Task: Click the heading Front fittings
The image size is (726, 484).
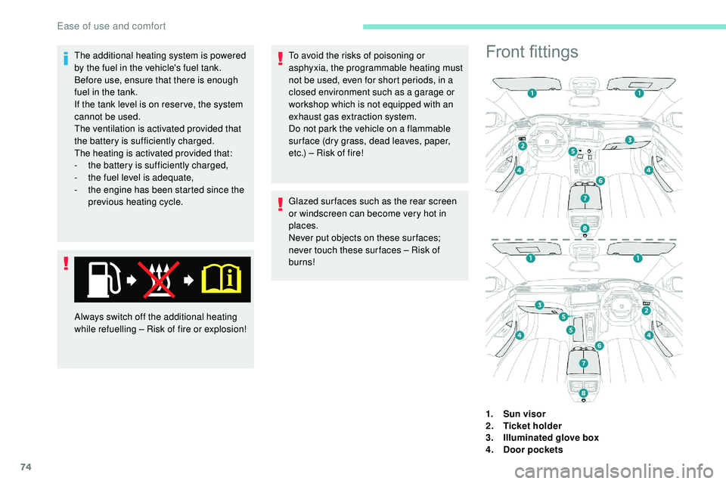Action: [532, 51]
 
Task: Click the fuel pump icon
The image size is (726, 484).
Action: [102, 279]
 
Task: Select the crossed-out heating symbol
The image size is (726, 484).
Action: [160, 279]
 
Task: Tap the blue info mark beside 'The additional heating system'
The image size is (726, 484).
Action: [67, 57]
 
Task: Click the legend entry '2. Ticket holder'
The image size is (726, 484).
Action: [524, 426]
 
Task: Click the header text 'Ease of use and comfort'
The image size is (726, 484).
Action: [111, 26]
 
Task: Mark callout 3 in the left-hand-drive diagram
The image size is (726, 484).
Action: [628, 140]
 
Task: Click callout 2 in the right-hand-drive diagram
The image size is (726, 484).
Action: [646, 310]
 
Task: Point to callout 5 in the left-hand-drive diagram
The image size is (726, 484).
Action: [572, 152]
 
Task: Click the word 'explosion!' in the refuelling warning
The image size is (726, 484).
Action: [223, 329]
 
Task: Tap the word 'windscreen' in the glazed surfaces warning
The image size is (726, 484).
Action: [318, 214]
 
